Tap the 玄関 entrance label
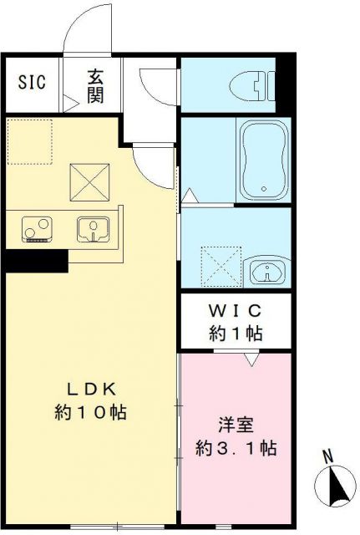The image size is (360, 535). click(x=94, y=86)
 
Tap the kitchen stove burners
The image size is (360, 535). click(x=36, y=228)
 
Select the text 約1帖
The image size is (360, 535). click(x=236, y=334)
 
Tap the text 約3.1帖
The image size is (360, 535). click(x=236, y=447)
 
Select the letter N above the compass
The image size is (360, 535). click(x=328, y=457)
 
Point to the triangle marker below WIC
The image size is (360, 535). click(x=249, y=360)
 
